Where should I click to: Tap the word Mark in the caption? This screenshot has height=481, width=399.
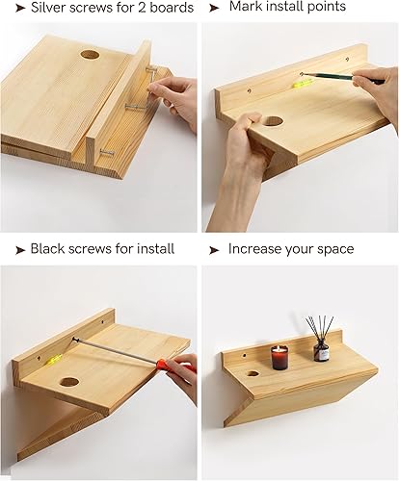pyautogui.click(x=246, y=7)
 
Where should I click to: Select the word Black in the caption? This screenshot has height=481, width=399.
pyautogui.click(x=47, y=249)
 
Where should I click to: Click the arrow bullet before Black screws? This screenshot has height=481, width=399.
pyautogui.click(x=20, y=250)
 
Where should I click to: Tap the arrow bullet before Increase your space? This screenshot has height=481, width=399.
pyautogui.click(x=214, y=250)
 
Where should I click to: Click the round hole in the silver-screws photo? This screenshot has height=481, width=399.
pyautogui.click(x=90, y=55)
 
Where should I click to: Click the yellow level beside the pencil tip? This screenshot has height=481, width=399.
pyautogui.click(x=302, y=84)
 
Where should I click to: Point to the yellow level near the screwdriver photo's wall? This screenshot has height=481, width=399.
pyautogui.click(x=53, y=359)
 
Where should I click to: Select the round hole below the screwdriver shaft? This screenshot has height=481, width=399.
pyautogui.click(x=69, y=382)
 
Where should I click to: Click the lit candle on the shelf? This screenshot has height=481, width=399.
pyautogui.click(x=279, y=357)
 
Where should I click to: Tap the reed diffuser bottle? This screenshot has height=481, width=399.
pyautogui.click(x=321, y=351)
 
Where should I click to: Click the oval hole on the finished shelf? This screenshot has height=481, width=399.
pyautogui.click(x=253, y=373)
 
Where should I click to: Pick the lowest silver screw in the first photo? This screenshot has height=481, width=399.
pyautogui.click(x=107, y=152)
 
